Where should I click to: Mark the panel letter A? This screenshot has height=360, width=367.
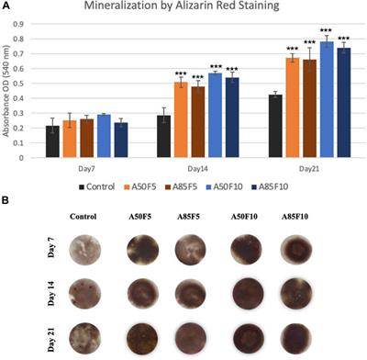7,6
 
